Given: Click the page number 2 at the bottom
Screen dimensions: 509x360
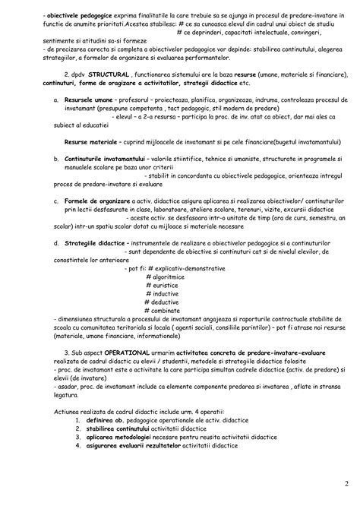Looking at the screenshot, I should click(346, 485).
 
